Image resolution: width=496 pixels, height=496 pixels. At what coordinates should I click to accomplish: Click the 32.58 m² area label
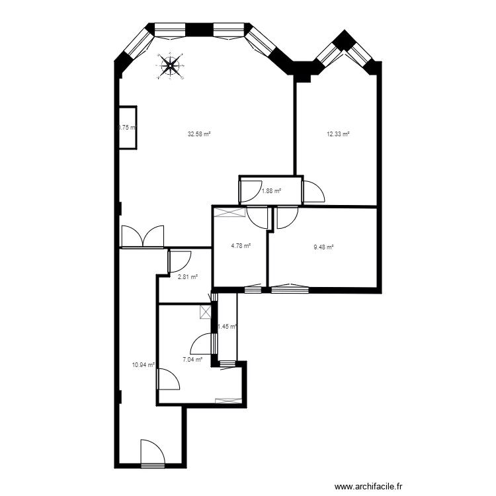pos(198,134)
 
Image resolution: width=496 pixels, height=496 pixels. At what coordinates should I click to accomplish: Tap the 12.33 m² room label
pos(338,134)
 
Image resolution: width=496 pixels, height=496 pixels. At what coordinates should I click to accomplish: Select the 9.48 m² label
pos(323,248)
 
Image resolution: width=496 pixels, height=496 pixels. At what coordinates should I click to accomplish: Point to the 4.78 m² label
pos(241,246)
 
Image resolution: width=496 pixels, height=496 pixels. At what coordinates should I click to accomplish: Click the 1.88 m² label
pos(271,191)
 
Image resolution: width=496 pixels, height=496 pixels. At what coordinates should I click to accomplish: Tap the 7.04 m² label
pos(192,360)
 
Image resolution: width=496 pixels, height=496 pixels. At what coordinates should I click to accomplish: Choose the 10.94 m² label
pos(144,364)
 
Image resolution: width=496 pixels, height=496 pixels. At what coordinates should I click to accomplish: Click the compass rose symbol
pos(171,65)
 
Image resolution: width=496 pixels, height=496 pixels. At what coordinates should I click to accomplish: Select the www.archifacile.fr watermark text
pos(369,486)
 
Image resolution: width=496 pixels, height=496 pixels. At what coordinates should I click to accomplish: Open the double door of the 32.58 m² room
pos(142,237)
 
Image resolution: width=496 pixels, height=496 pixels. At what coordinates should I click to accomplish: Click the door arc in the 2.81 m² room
pos(181,260)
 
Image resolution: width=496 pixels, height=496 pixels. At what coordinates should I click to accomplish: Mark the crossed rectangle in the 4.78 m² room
pos(229,212)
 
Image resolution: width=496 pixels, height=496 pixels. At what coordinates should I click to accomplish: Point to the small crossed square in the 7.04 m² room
pos(206,311)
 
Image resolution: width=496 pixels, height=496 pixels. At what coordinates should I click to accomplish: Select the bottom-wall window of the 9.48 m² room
pos(289,288)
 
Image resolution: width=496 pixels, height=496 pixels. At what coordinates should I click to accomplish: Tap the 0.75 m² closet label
pos(127,128)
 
